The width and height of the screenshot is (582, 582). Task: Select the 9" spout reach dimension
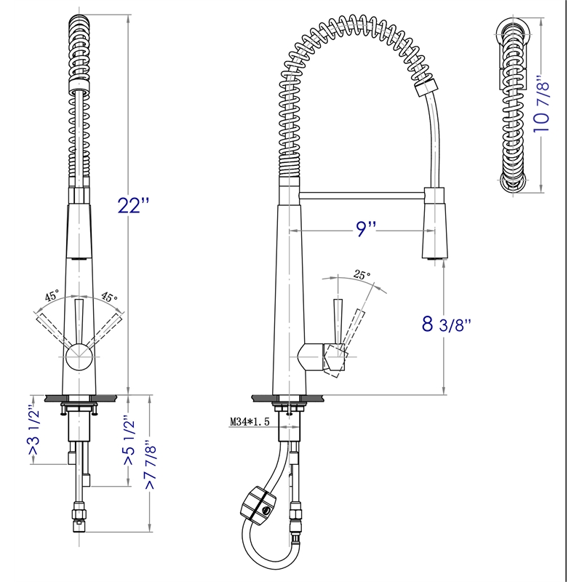pyautogui.click(x=365, y=230)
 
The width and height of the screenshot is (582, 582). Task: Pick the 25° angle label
pyautogui.click(x=362, y=275)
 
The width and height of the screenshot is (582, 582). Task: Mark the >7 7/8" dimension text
pyautogui.click(x=151, y=465)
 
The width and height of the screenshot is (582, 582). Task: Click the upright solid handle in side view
pyautogui.click(x=338, y=320)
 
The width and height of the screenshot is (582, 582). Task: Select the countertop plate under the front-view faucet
pyautogui.click(x=79, y=397)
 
